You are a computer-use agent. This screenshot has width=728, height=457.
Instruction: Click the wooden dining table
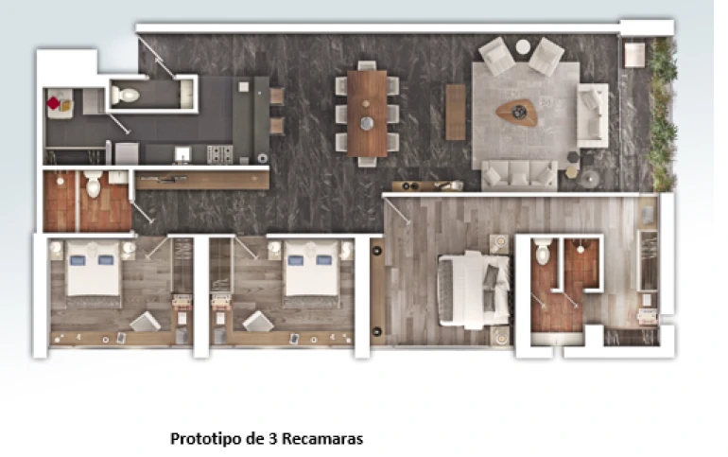tap(367, 114)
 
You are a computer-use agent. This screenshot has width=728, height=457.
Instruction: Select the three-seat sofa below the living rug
tap(519, 175)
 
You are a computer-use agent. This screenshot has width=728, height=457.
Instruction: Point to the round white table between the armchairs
tap(523, 46)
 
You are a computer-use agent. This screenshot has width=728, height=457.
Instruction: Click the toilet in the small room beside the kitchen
tap(125, 96)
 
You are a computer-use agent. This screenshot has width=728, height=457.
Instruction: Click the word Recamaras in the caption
tap(322, 438)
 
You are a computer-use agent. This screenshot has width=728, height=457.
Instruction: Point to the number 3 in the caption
tap(272, 438)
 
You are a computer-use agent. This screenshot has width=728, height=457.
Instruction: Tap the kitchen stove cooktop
tap(219, 154)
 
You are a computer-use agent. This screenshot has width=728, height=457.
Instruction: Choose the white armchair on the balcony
tap(634, 55)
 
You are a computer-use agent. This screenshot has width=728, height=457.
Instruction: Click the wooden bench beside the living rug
tap(456, 112)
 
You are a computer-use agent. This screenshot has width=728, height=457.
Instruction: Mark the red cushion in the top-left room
tap(53, 103)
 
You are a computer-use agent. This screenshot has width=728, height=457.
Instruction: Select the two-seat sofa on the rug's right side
tap(593, 115)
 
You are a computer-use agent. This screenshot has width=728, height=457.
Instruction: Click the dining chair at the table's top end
tap(367, 65)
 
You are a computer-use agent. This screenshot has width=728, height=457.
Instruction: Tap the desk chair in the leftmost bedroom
tap(146, 322)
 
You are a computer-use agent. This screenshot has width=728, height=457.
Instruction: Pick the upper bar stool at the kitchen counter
tap(277, 96)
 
